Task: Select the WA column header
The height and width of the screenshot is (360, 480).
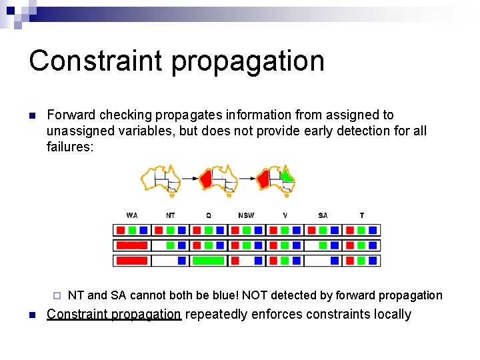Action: pos(132,215)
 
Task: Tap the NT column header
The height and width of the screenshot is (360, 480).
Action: pos(171,215)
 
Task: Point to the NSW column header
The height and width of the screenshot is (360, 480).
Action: pos(246,215)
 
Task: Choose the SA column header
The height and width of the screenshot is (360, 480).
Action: pos(323,215)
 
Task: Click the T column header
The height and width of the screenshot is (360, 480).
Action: pos(361,215)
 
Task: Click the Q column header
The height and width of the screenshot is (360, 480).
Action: pos(208,215)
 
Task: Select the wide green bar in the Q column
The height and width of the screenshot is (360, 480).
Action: pos(208,261)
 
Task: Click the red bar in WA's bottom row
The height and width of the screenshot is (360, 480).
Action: pos(132,261)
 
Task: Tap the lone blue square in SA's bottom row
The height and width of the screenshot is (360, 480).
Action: pos(335,261)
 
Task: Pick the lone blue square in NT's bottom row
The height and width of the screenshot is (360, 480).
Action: pos(182,261)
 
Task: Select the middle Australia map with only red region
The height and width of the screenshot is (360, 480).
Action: pos(219,179)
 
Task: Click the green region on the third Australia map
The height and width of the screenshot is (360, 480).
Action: pos(287,176)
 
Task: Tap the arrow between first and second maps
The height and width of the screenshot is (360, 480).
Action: pos(191,179)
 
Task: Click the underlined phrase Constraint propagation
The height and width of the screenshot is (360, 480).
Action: pos(113,315)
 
